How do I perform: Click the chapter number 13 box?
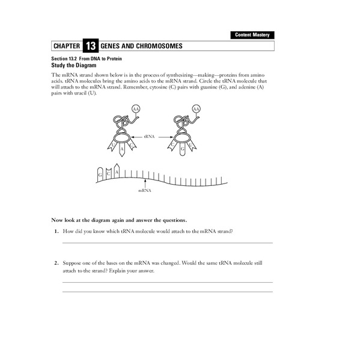[90, 46]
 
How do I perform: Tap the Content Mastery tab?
[252, 35]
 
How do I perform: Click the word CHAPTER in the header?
[66, 46]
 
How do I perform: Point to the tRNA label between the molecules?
[150, 137]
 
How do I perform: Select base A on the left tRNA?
[121, 149]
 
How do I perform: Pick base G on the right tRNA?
[182, 149]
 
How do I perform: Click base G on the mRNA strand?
[100, 174]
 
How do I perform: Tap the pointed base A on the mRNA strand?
[116, 172]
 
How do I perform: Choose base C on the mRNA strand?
[108, 174]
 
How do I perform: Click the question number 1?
[55, 232]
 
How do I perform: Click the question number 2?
[55, 264]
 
